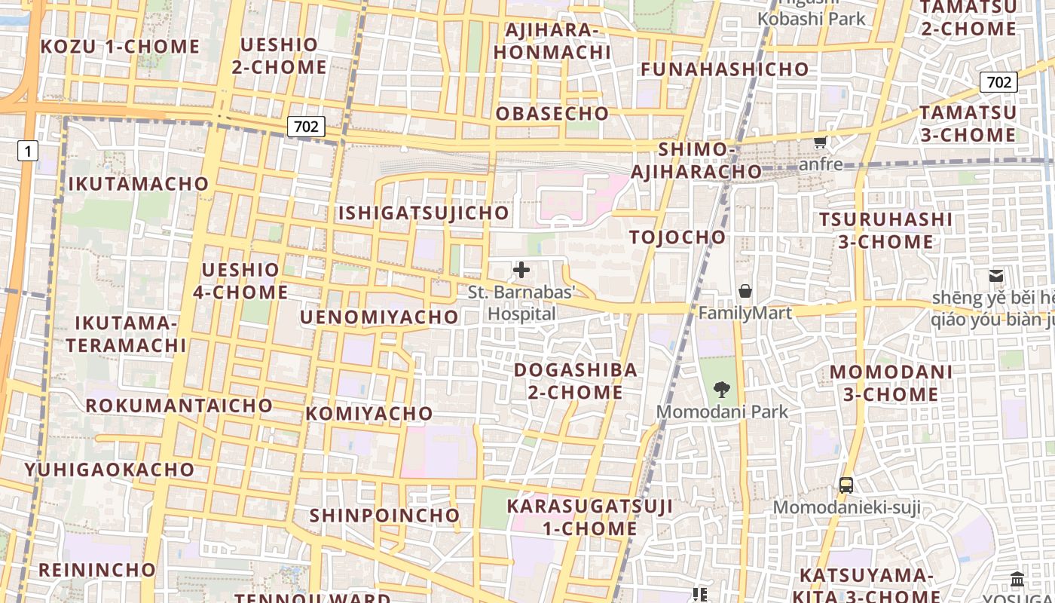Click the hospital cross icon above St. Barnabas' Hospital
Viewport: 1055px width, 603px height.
click(x=521, y=270)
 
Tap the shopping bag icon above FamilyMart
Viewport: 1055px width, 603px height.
click(x=745, y=291)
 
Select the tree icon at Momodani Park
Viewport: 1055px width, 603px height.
click(x=722, y=389)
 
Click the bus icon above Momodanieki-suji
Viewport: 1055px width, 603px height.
click(x=846, y=485)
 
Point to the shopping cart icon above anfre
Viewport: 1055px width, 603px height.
click(x=821, y=142)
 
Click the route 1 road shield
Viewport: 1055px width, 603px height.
click(x=28, y=152)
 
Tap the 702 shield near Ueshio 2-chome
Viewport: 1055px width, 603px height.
click(x=306, y=127)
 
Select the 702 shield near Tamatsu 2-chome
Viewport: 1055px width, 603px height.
click(x=998, y=82)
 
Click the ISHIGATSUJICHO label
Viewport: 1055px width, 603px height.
click(x=424, y=213)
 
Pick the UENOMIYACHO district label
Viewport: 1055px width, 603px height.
click(x=379, y=317)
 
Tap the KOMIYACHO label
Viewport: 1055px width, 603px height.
click(x=369, y=414)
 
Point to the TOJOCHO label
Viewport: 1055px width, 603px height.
click(x=677, y=237)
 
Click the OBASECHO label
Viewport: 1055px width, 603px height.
click(x=552, y=114)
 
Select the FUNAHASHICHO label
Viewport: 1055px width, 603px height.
click(x=724, y=69)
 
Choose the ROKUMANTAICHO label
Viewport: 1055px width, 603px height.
click(x=179, y=406)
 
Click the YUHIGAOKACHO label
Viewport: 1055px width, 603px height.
click(x=109, y=470)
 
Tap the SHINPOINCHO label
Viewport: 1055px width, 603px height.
click(x=384, y=516)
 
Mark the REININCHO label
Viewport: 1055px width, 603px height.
click(x=97, y=570)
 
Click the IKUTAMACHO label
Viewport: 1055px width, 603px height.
click(x=138, y=184)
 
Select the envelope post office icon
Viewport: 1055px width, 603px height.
click(x=996, y=276)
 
